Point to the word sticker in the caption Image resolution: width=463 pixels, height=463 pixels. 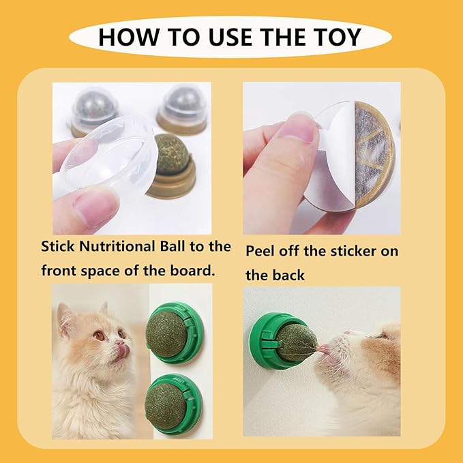[x=348, y=250]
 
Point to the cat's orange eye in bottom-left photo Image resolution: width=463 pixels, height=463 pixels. [x=100, y=335]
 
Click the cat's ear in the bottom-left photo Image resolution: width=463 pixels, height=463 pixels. [x=65, y=315]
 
